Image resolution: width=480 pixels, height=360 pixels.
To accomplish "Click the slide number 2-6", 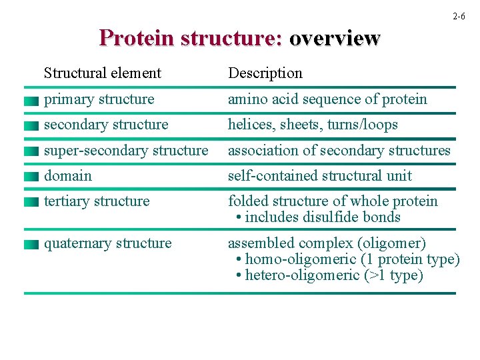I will (458, 16).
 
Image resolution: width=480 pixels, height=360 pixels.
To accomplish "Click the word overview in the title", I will (334, 38).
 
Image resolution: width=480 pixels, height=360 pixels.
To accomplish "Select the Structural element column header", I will (102, 73).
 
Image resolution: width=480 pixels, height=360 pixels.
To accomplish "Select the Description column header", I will (265, 73).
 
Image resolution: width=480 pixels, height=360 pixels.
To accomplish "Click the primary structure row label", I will (99, 99).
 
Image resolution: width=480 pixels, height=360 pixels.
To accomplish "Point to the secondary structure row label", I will (106, 125).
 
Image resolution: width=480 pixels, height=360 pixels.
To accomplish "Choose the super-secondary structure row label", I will (126, 151).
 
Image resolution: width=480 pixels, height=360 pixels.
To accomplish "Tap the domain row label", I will (68, 176).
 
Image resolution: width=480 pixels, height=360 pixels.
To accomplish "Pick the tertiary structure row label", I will (97, 201).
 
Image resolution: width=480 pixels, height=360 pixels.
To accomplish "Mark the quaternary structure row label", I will (107, 243).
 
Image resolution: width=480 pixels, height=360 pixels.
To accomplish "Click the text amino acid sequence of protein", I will (327, 99).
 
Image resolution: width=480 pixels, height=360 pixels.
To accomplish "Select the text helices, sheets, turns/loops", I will (313, 125).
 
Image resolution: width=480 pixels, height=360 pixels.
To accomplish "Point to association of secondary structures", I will (339, 151).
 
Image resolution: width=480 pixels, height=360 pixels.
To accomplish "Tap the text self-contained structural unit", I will (320, 176).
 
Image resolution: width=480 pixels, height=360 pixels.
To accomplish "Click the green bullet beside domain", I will (29, 177).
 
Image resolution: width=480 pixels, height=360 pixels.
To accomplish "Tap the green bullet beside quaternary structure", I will (29, 245).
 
